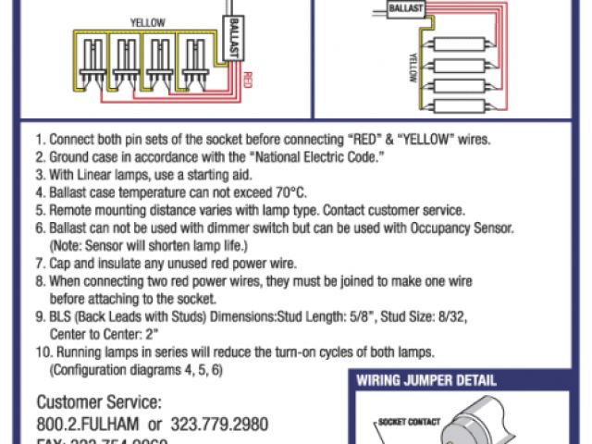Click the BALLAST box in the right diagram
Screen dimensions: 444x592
pos(407,8)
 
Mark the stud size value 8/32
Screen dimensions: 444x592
pos(451,316)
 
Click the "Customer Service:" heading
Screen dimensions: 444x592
pos(99,403)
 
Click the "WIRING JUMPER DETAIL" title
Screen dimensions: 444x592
pos(427,380)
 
